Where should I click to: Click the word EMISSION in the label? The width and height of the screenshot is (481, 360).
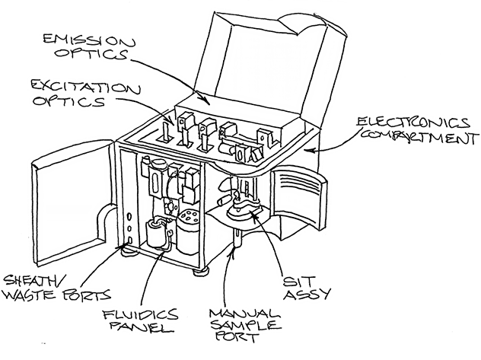(89, 40)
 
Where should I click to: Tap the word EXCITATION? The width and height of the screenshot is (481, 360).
(86, 88)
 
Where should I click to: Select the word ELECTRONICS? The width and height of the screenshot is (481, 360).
(413, 123)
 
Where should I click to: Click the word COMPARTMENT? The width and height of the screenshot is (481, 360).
(419, 137)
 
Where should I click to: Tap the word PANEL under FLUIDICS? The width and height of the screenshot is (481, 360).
(142, 327)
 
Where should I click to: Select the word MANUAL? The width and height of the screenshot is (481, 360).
(244, 314)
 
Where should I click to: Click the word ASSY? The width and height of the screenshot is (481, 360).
(307, 294)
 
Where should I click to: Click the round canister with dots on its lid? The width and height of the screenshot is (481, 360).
(187, 231)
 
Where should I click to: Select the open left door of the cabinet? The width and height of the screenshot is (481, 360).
(74, 202)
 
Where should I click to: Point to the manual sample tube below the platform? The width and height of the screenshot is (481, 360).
(237, 237)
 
